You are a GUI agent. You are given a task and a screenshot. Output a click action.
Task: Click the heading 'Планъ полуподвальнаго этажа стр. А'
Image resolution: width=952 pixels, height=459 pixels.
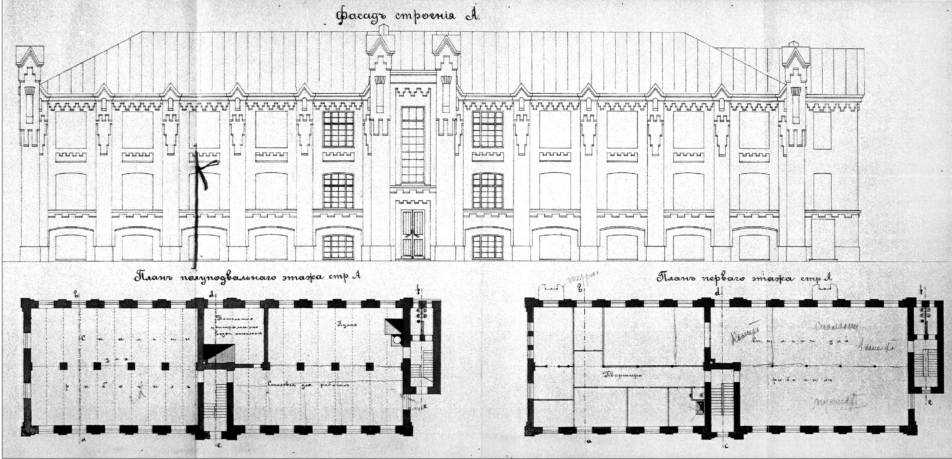click(x=248, y=277)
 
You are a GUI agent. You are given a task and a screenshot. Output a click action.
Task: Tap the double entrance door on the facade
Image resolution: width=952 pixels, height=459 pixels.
click(x=413, y=234)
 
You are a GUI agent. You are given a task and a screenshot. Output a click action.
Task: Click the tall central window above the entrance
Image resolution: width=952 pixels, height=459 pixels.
click(x=413, y=145)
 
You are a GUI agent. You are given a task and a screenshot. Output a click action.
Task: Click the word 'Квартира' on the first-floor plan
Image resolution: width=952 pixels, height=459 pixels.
click(x=622, y=374)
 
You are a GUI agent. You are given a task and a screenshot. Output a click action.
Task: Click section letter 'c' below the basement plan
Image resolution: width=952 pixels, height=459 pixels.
click(x=219, y=445)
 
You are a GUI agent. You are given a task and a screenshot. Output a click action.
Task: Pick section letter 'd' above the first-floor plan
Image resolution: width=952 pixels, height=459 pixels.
click(x=717, y=293)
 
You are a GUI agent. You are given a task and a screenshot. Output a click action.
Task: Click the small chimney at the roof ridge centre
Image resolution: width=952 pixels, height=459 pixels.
click(x=383, y=30)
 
